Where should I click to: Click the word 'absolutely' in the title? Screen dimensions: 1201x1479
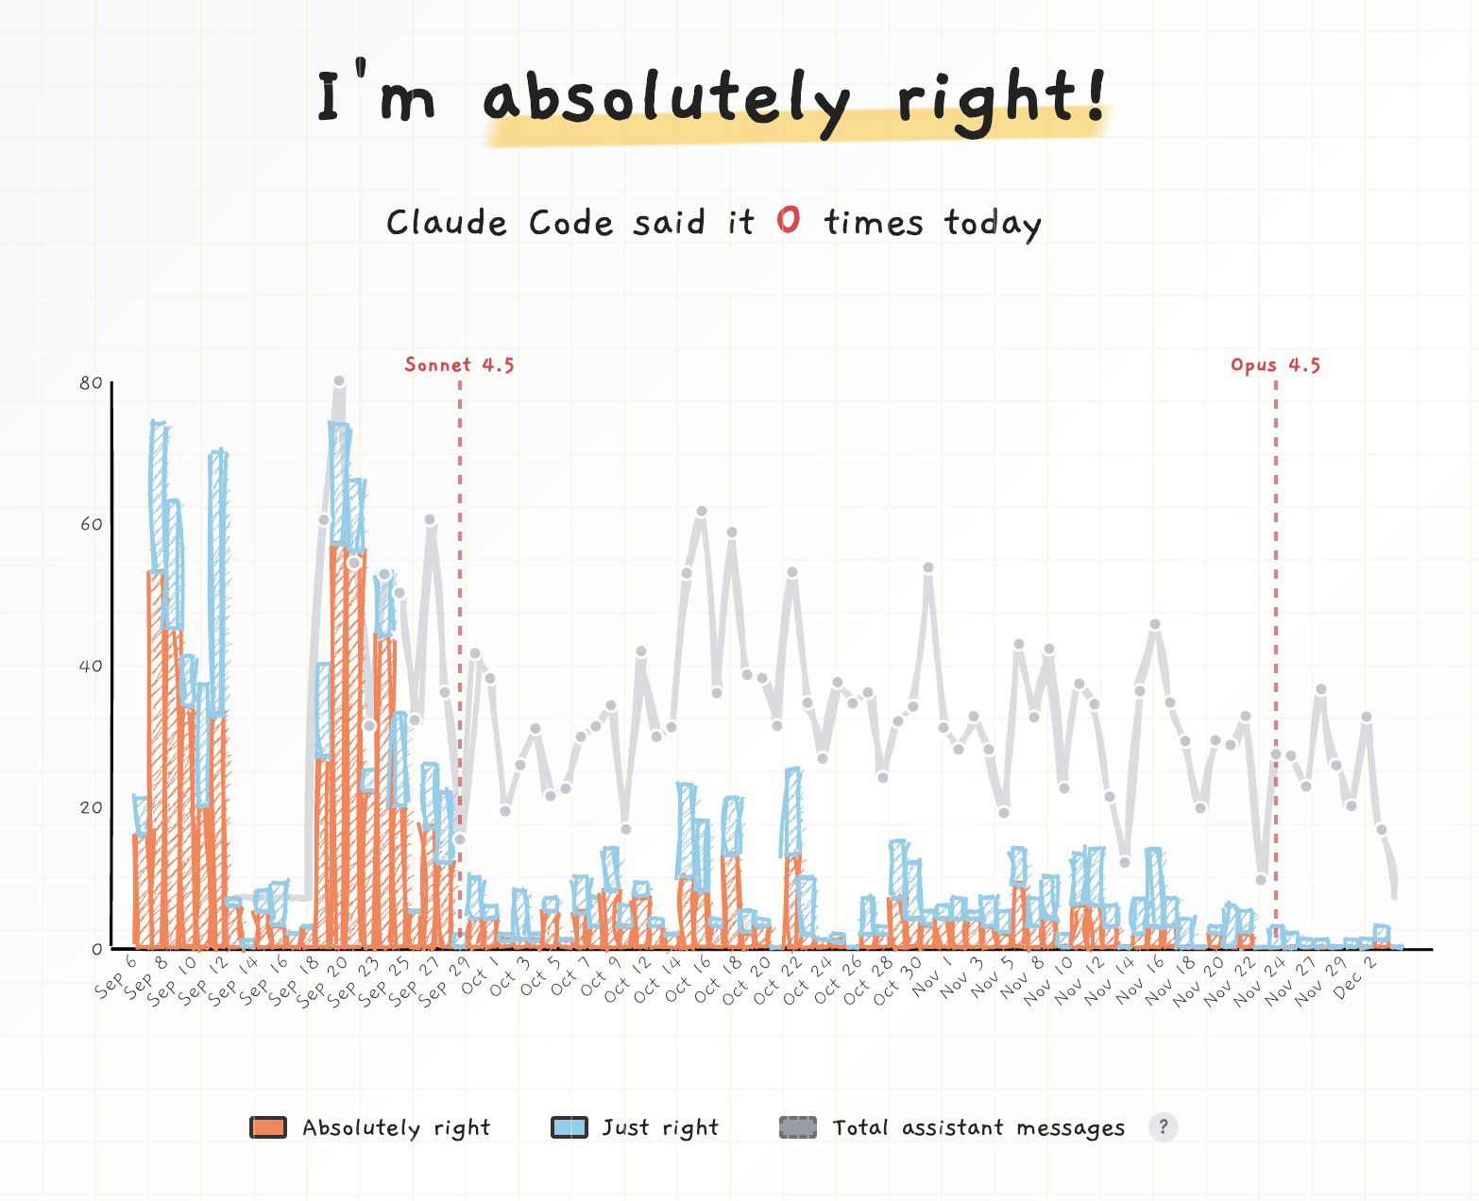point(666,97)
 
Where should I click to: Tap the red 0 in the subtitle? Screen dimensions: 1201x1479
point(789,221)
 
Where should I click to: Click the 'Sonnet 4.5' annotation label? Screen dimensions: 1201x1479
point(459,365)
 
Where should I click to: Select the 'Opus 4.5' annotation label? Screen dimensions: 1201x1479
point(1275,365)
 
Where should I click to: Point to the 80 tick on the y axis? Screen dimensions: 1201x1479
point(92,383)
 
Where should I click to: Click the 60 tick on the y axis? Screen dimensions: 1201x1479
point(92,524)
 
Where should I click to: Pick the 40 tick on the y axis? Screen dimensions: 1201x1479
point(92,666)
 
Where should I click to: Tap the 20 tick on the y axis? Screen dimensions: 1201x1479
point(92,807)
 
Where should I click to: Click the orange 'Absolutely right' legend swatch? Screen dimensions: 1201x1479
point(268,1127)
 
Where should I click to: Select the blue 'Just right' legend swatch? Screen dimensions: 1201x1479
point(569,1127)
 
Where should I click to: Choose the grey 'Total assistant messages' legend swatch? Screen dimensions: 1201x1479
point(798,1127)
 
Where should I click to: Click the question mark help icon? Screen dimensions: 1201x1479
point(1164,1126)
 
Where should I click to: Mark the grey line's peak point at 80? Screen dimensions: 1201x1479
point(339,381)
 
